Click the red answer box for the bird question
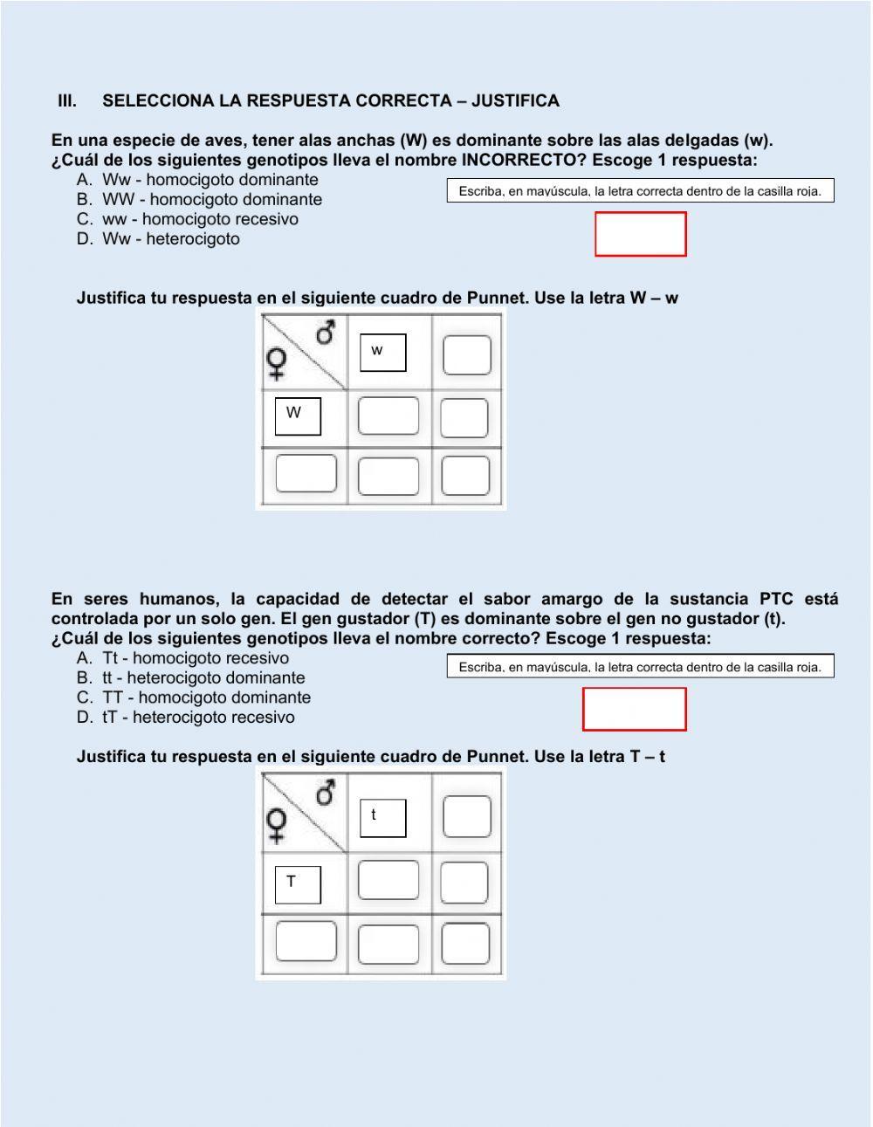[640, 234]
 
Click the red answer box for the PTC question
[634, 709]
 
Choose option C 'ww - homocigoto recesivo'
[200, 219]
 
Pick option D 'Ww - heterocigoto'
[170, 239]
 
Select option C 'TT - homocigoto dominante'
[206, 698]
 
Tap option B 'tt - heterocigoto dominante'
[203, 677]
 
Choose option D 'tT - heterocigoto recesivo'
[198, 718]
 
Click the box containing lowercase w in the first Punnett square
[383, 353]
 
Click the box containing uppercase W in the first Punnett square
[298, 416]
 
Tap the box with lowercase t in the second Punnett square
[383, 818]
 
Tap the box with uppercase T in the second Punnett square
[298, 884]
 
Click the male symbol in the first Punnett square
[326, 333]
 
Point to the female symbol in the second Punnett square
[277, 825]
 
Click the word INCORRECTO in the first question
[518, 161]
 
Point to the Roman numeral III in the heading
[67, 101]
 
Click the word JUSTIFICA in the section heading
[515, 101]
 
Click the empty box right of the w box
[466, 355]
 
